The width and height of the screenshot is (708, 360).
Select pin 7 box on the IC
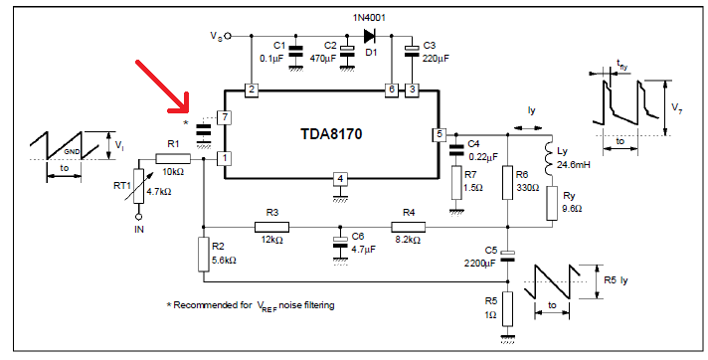coord(226,117)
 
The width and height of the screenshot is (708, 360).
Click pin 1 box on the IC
coord(226,157)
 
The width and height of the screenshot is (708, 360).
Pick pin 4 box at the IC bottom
coord(339,179)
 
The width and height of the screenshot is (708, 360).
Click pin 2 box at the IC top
coord(252,90)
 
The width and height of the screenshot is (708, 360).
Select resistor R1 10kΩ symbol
coord(173,157)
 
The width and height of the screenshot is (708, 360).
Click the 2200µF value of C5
coord(480,266)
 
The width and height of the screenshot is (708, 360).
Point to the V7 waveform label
coord(674,106)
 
